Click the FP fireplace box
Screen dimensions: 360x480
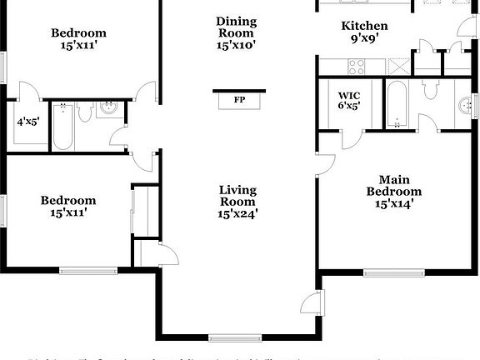(239, 100)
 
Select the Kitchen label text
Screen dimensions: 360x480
(365, 26)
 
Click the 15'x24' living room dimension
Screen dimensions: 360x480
(237, 213)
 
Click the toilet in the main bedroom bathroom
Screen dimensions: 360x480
(431, 89)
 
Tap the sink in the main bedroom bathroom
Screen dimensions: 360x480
(463, 105)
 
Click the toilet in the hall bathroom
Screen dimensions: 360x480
(84, 114)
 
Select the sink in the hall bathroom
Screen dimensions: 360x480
(108, 107)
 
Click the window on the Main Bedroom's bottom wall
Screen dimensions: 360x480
(392, 272)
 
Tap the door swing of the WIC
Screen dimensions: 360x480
(354, 121)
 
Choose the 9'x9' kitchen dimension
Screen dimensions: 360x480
(365, 38)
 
